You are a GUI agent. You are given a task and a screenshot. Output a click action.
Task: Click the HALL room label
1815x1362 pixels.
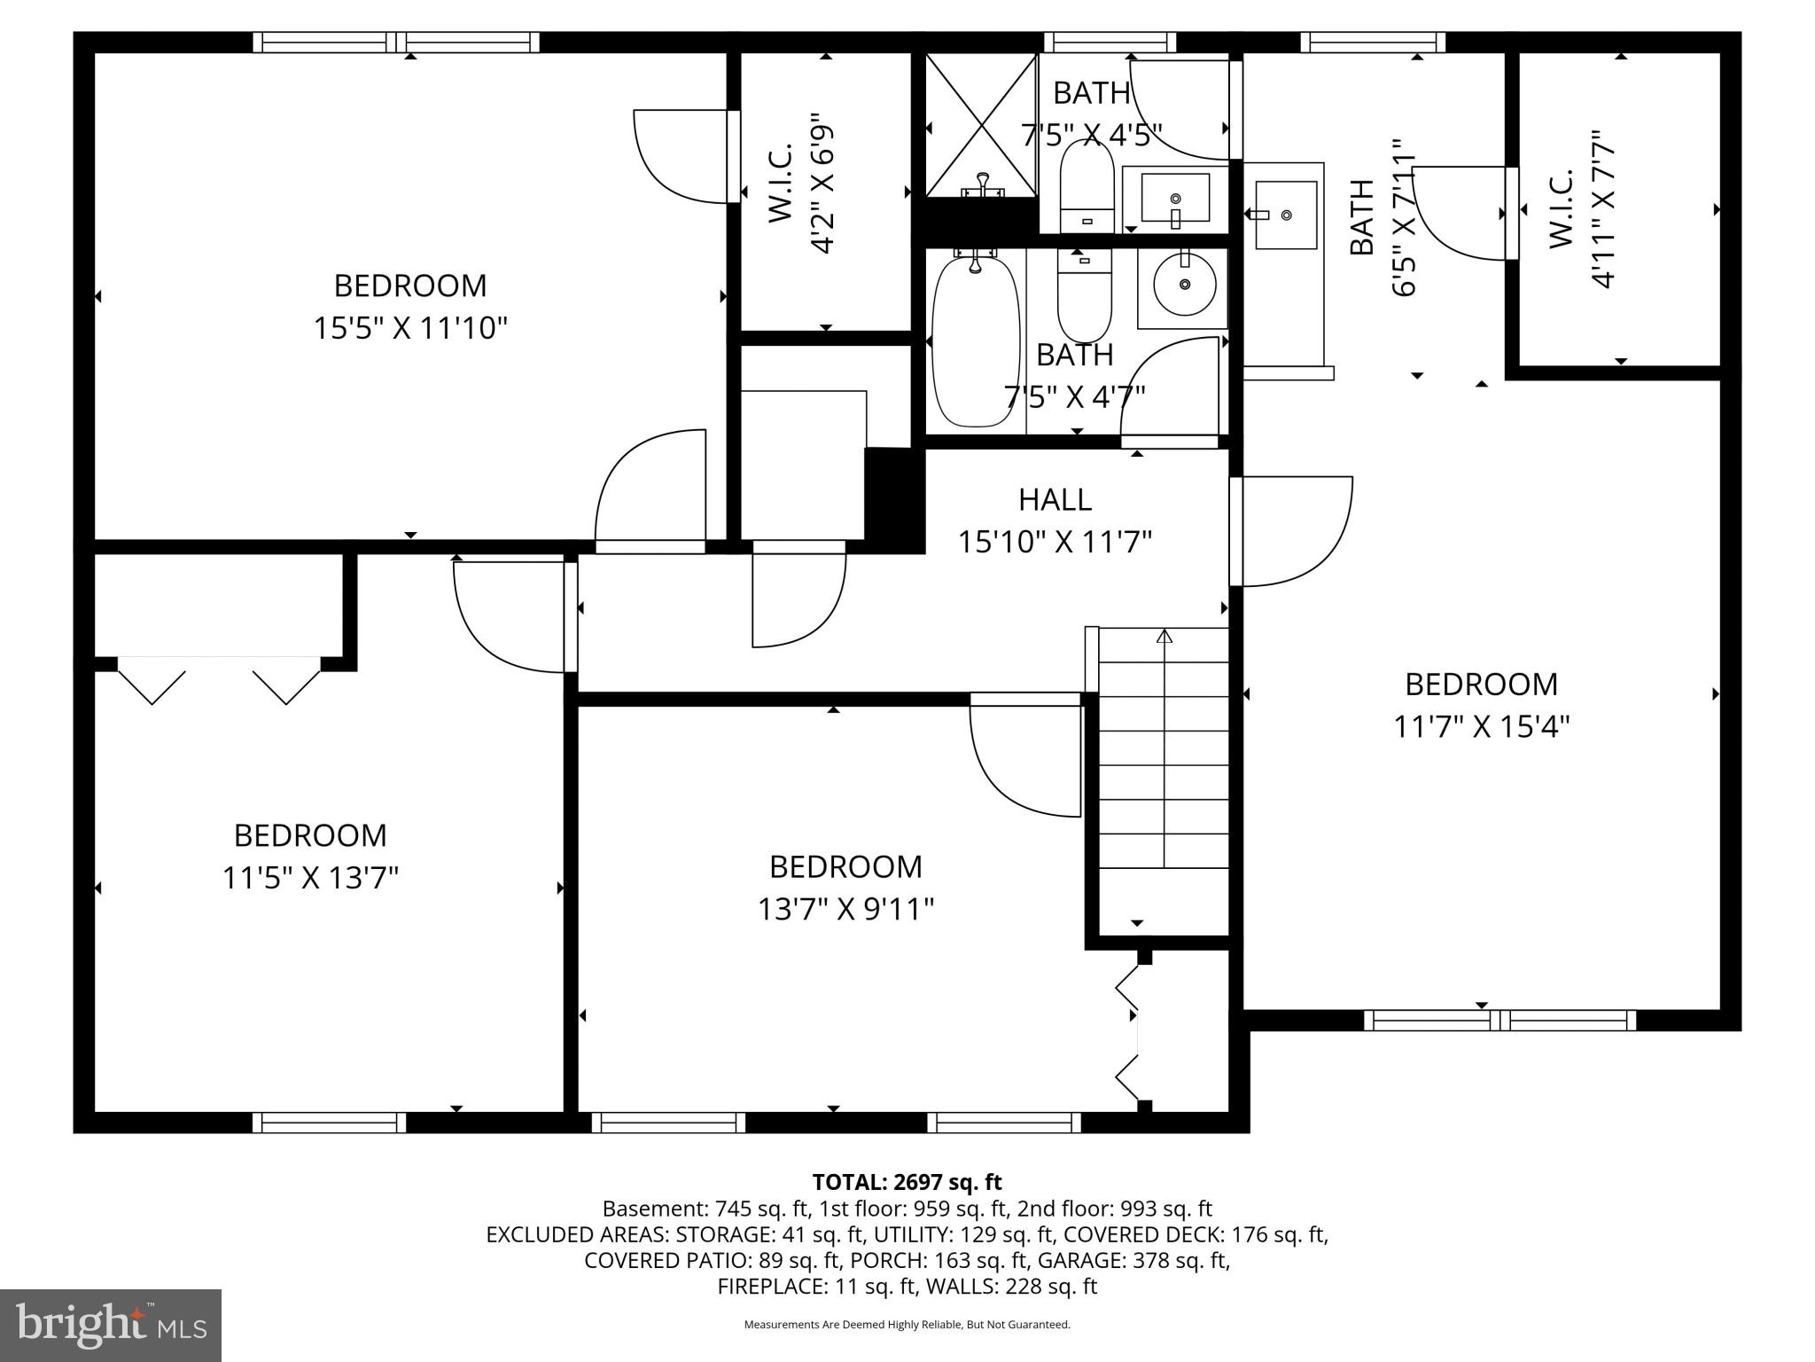(1055, 499)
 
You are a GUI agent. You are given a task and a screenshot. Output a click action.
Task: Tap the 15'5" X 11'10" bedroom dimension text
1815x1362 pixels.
(410, 329)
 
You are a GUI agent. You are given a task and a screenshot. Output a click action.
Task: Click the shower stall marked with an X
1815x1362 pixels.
(980, 125)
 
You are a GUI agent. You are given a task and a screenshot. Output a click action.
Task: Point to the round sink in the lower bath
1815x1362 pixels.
(1185, 285)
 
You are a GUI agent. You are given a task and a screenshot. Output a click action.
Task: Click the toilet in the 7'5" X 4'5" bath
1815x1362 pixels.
(1087, 186)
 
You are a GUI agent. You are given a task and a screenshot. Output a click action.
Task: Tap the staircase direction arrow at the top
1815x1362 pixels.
(1165, 637)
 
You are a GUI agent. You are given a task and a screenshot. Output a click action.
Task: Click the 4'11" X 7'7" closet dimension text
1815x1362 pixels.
(1604, 210)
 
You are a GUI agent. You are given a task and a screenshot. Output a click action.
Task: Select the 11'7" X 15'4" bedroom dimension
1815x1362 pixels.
(1482, 727)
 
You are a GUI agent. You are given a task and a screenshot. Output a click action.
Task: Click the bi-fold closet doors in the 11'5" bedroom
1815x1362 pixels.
(219, 681)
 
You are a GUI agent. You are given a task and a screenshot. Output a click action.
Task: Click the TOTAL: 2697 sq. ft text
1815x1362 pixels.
(907, 1182)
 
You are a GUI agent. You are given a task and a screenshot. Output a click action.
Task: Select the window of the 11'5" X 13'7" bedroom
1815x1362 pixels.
(330, 1123)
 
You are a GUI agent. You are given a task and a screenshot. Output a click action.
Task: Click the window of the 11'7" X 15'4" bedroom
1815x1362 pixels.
(1500, 1021)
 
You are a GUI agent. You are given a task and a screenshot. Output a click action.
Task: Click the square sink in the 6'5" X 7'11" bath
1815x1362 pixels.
(1286, 215)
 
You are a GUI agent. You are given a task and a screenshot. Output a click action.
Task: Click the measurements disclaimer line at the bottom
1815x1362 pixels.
(907, 1325)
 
